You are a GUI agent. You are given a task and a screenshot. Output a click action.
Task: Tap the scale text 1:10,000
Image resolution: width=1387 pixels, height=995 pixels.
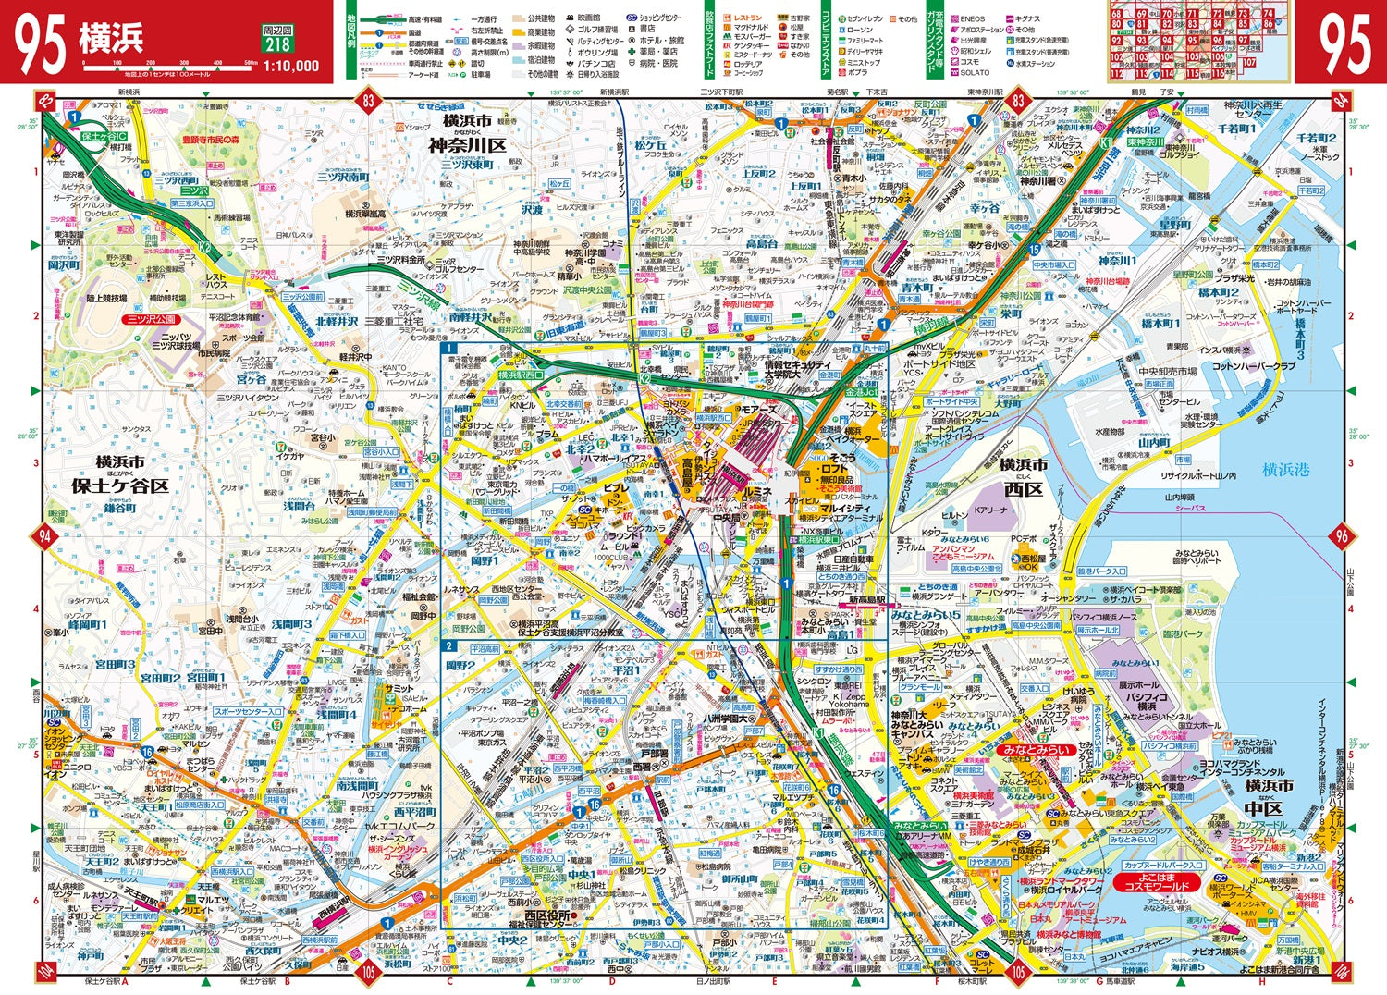click(290, 66)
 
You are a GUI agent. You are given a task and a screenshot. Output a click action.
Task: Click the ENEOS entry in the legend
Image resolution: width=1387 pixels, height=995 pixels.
click(972, 18)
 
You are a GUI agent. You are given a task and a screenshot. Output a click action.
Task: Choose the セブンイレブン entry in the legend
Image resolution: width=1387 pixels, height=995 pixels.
click(864, 18)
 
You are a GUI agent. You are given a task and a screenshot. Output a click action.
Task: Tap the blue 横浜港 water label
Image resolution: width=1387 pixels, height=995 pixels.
click(1286, 470)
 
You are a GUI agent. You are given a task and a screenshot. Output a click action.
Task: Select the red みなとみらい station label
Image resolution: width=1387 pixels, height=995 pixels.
click(1035, 750)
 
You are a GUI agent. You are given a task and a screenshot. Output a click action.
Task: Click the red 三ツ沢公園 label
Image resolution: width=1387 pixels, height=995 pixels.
click(147, 320)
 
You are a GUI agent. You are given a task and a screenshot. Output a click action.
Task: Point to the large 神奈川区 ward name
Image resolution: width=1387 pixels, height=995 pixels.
click(466, 145)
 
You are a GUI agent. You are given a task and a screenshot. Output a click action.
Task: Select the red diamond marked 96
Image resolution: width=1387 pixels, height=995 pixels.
click(1342, 535)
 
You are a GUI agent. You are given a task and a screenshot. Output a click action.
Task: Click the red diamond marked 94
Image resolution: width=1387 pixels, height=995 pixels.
click(43, 535)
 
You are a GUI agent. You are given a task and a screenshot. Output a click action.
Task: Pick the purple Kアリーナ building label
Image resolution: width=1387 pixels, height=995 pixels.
click(990, 510)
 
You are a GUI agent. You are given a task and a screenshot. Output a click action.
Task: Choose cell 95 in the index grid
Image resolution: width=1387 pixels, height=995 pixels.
click(1193, 41)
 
